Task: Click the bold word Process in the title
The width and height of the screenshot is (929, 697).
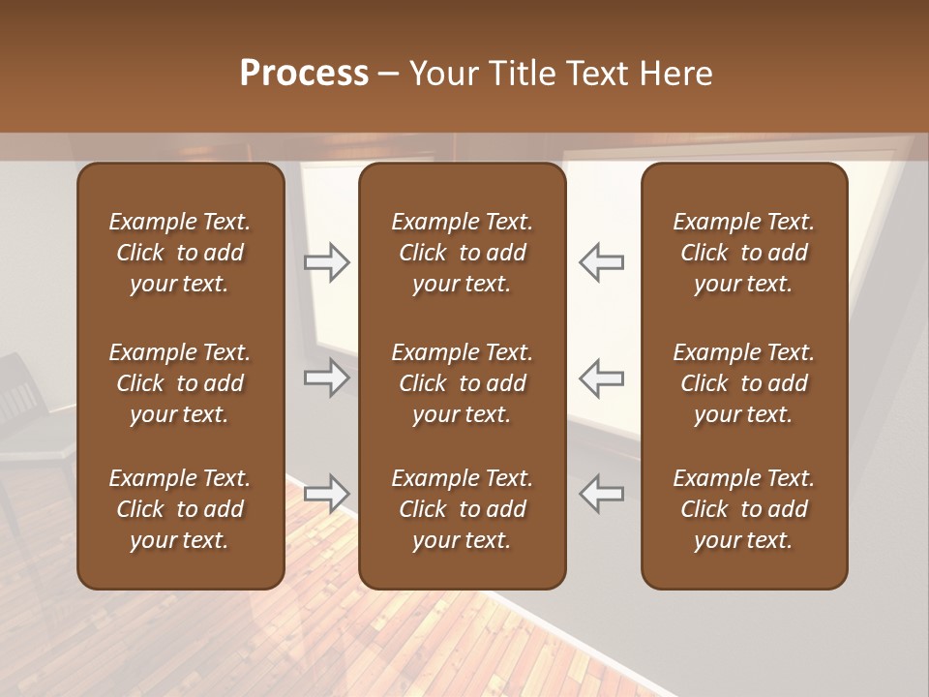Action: pyautogui.click(x=304, y=74)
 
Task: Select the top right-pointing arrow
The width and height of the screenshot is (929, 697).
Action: pyautogui.click(x=326, y=262)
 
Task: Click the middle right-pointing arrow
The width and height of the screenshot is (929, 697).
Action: pyautogui.click(x=326, y=378)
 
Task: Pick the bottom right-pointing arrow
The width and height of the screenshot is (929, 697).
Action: pyautogui.click(x=326, y=493)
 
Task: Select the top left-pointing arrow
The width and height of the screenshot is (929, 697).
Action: pyautogui.click(x=602, y=262)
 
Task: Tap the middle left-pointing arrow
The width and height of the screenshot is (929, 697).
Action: pyautogui.click(x=602, y=378)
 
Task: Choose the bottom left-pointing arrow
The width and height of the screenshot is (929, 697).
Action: pyautogui.click(x=602, y=493)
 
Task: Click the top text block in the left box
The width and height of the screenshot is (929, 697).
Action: pyautogui.click(x=180, y=253)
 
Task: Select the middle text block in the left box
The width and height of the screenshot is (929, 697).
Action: pyautogui.click(x=180, y=383)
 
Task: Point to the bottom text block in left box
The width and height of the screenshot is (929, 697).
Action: pyautogui.click(x=180, y=509)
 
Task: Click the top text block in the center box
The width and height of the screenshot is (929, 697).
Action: pyautogui.click(x=462, y=253)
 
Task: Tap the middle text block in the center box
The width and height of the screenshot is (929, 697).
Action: pyautogui.click(x=462, y=383)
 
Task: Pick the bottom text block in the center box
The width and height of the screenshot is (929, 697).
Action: pyautogui.click(x=462, y=509)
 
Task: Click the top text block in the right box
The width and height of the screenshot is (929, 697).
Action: pyautogui.click(x=743, y=253)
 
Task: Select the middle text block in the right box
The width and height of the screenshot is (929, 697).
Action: pyautogui.click(x=743, y=383)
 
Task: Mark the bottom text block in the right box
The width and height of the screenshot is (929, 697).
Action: pyautogui.click(x=743, y=509)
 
